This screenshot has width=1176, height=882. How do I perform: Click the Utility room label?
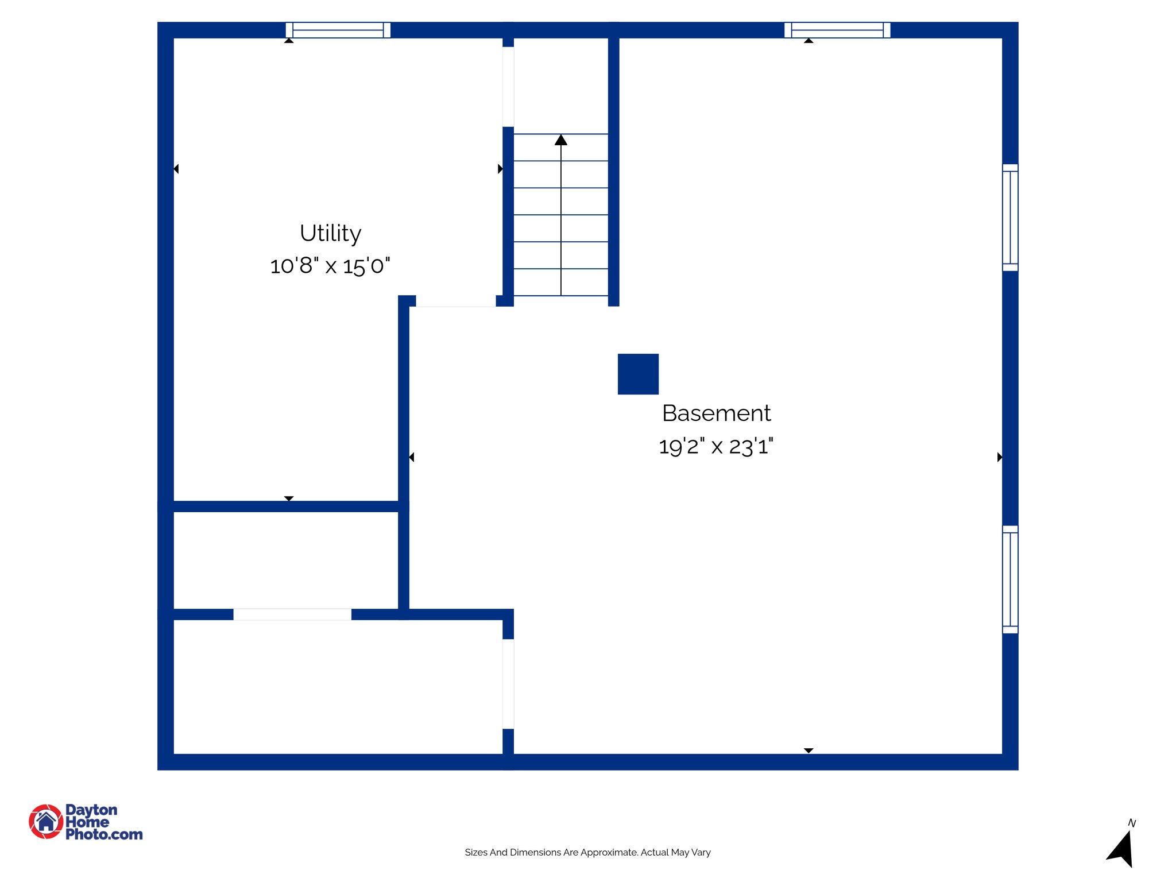point(330,233)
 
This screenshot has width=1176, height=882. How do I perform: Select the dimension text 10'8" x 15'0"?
point(330,266)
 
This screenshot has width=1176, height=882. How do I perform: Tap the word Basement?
point(716,413)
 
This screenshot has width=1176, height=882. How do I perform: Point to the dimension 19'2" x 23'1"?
point(715,446)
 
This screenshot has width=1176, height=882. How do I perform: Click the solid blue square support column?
point(638,374)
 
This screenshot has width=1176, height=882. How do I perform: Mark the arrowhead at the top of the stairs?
point(561,140)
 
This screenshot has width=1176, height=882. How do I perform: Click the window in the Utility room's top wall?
point(338,30)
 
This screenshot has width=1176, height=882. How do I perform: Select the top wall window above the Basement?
point(837,30)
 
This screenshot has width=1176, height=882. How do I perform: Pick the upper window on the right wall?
point(1010,218)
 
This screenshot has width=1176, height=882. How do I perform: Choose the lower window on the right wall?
point(1010,579)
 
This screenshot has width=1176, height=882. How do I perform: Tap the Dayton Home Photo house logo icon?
point(46,821)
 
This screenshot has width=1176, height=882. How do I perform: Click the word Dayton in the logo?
point(91,810)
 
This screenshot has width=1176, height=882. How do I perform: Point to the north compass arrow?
point(1121,850)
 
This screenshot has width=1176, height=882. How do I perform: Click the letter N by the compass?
point(1132,823)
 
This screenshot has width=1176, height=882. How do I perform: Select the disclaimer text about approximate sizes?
point(587,852)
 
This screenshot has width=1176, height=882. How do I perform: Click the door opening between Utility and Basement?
point(455,301)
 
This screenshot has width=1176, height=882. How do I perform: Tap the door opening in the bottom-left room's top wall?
point(292,614)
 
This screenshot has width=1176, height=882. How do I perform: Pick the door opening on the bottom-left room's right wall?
point(508,684)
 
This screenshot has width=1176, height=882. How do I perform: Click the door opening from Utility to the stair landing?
point(508,87)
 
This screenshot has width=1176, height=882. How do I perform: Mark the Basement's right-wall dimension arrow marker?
point(1000,457)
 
